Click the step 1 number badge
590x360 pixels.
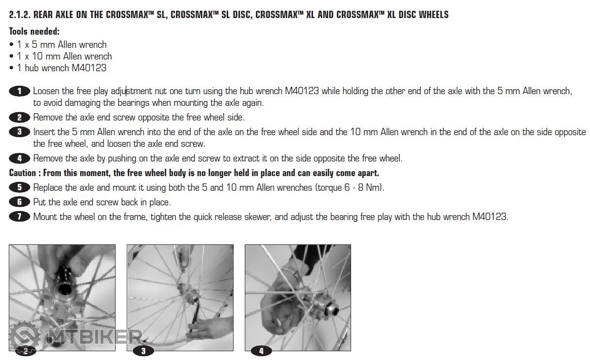20,91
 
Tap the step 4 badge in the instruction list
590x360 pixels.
20,159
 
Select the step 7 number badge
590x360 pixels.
20,217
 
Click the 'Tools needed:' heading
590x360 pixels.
34,31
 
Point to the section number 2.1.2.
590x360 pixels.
20,15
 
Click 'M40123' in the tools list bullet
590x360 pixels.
89,68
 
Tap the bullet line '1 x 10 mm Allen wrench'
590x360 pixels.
64,56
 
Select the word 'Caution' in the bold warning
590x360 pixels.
22,173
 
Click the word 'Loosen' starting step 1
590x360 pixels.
46,91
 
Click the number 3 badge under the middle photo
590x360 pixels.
143,351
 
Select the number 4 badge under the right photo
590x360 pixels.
261,351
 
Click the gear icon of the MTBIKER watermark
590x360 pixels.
25,337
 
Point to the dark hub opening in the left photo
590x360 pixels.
64,289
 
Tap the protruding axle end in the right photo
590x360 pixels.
333,309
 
